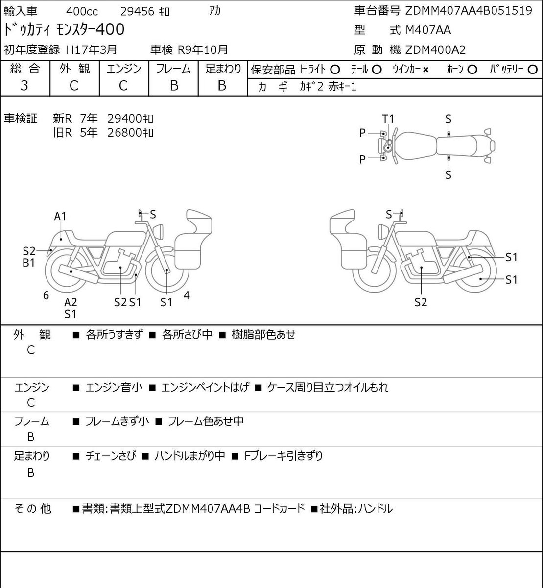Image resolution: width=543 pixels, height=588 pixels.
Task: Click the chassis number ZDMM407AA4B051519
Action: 469,11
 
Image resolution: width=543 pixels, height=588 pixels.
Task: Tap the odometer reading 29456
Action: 137,12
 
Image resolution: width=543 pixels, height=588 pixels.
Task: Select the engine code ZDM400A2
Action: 435,50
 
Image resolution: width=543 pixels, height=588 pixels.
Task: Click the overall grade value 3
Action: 24,86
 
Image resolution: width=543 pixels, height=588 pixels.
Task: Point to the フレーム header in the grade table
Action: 173,69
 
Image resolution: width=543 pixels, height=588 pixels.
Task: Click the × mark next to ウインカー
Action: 425,70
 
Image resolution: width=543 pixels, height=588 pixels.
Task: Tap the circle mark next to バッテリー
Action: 532,70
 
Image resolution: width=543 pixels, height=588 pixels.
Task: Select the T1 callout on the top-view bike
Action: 388,119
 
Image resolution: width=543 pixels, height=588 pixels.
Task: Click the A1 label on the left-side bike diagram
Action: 60,216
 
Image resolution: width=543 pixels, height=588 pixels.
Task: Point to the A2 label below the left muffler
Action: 71,302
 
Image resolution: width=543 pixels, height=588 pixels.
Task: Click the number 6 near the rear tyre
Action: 46,295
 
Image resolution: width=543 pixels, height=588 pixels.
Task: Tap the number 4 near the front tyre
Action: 187,295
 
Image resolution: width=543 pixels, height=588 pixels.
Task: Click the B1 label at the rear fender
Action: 29,263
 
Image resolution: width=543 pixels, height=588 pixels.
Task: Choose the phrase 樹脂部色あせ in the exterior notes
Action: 263,334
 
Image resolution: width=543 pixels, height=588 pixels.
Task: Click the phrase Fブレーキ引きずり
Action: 283,456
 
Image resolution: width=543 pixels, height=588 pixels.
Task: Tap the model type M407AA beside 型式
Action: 428,30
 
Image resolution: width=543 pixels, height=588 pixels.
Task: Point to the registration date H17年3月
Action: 92,49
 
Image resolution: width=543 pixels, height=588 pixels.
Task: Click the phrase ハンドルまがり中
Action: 189,456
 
